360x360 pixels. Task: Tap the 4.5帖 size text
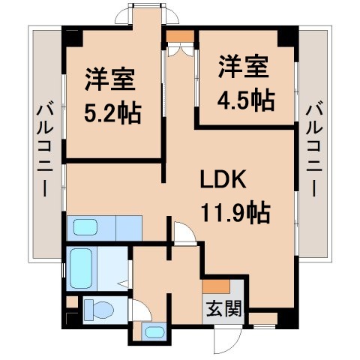point(244,98)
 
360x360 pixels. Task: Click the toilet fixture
point(97,308)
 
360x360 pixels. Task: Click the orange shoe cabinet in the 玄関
point(216,285)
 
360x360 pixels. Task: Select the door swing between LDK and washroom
point(183,232)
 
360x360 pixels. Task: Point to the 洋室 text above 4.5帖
point(243,67)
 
